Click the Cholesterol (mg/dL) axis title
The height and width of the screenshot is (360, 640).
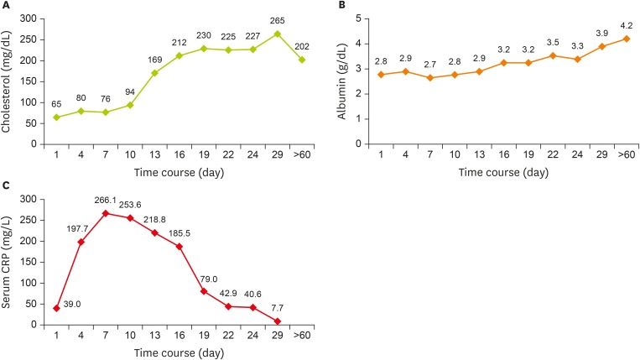pyautogui.click(x=8, y=81)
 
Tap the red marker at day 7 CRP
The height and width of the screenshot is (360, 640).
pyautogui.click(x=105, y=213)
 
